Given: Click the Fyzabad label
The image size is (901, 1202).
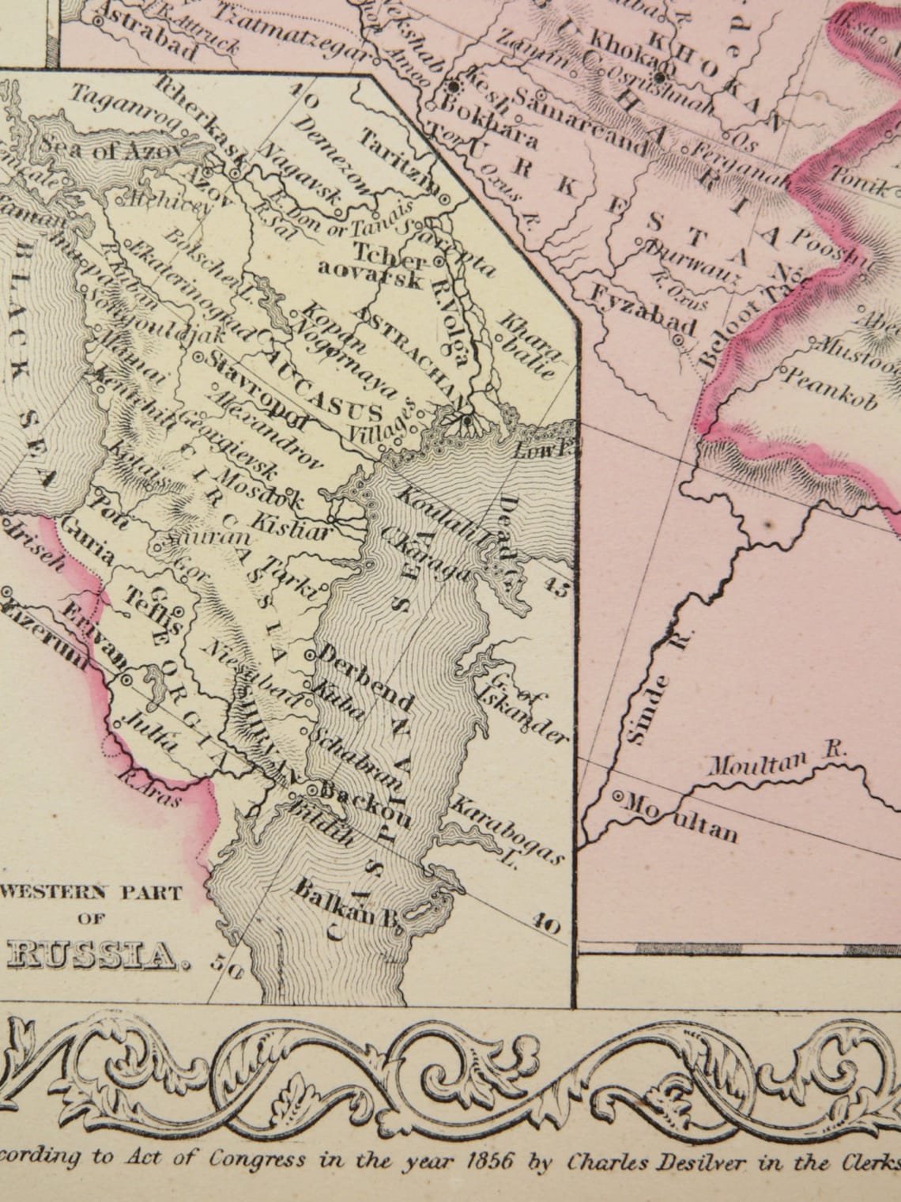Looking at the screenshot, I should tap(645, 311).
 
